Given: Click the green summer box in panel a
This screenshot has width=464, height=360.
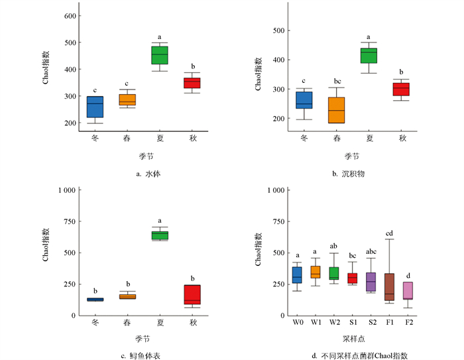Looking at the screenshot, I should point(160,56).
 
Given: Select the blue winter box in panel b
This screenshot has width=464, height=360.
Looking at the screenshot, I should point(304,100).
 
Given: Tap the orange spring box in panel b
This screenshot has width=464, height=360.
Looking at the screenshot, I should point(337,110).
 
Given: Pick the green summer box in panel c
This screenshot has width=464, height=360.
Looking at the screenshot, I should point(160,235).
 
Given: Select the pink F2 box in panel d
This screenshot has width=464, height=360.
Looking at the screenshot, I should point(408,291).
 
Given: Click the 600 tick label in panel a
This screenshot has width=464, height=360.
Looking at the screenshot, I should point(66,15).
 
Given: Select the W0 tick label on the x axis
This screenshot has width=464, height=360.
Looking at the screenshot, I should point(297,324).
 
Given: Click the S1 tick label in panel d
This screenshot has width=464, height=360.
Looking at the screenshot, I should point(352,324).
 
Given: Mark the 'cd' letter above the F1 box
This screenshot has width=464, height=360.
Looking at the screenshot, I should point(389,233).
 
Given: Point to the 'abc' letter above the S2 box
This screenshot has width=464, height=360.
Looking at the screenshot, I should point(371,251).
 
